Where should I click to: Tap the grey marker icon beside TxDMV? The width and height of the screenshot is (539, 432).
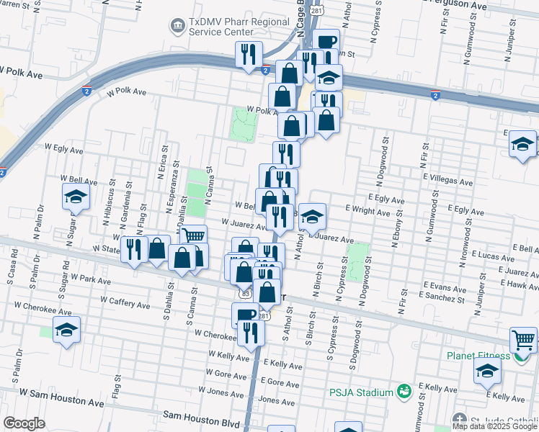click(177, 27)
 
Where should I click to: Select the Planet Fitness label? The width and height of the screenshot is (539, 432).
click(478, 356)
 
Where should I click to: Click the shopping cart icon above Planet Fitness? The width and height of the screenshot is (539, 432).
click(522, 339)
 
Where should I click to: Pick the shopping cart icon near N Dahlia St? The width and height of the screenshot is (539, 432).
click(193, 237)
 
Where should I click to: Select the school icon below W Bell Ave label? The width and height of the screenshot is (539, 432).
click(75, 197)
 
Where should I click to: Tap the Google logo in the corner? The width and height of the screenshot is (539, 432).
click(24, 423)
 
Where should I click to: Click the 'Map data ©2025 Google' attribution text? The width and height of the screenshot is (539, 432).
click(494, 427)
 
